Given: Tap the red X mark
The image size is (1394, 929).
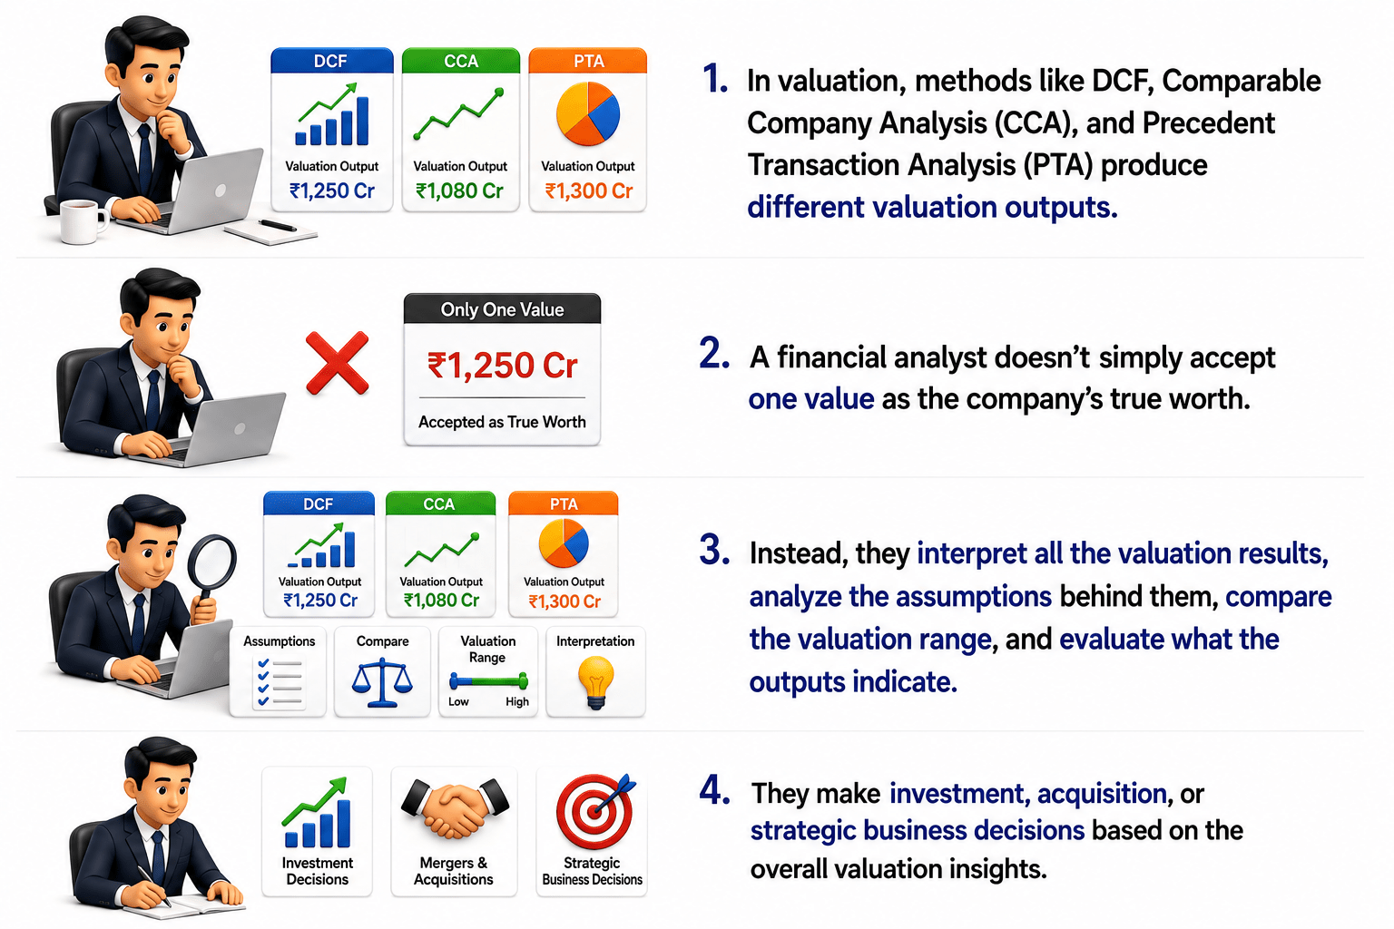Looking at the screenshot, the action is (x=338, y=364).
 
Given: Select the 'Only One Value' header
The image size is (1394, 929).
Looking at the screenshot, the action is (x=502, y=309).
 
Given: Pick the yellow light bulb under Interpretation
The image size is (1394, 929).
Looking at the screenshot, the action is (x=596, y=683).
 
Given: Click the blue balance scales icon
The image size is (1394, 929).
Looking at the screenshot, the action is (x=382, y=684).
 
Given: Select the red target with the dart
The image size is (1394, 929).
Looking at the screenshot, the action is (x=595, y=810).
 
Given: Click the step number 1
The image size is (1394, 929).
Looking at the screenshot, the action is (x=714, y=79).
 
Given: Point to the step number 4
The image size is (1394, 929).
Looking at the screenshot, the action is (x=714, y=791).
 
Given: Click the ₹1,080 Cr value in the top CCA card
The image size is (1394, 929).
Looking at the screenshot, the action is (x=459, y=191).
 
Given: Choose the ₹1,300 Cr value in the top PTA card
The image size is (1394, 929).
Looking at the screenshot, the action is (x=589, y=191).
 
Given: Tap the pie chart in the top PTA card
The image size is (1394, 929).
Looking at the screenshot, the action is (x=588, y=114).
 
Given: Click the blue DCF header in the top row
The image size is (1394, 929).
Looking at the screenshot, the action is (x=332, y=61).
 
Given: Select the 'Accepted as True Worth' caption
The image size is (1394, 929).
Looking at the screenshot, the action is (x=502, y=422).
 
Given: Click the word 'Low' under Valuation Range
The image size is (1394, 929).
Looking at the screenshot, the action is (x=458, y=702).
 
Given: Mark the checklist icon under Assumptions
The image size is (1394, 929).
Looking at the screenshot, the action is (x=280, y=682).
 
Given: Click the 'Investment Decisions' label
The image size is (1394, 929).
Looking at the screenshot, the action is (x=318, y=871).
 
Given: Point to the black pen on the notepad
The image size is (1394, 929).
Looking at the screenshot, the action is (x=278, y=225).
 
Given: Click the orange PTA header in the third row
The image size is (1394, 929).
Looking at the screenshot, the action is (x=564, y=504).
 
